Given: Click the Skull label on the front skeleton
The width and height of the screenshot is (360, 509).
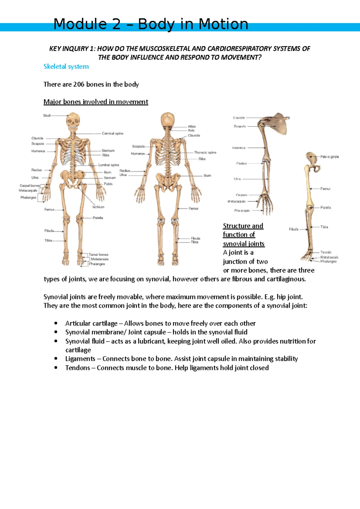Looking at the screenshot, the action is click(47, 115).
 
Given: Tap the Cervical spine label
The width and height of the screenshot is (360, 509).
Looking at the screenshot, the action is click(112, 133).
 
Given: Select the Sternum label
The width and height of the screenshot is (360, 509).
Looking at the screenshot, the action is click(108, 151).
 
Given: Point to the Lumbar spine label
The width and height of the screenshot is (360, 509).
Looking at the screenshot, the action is click(109, 165).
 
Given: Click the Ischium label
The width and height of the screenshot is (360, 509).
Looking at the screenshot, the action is click(98, 207).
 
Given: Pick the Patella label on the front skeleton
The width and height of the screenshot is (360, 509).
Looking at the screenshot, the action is click(98, 218).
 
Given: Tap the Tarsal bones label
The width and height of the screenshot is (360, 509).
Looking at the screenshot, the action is click(98, 255).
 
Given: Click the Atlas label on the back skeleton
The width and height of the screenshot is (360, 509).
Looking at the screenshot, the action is click(192, 127).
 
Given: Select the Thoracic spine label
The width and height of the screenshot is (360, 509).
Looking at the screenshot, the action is click(205, 152).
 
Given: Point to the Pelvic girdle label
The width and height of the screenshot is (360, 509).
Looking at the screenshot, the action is click(329, 157).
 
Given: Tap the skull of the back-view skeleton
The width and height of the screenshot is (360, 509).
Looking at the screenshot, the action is click(167, 120).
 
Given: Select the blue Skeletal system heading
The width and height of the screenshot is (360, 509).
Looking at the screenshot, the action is click(66, 67).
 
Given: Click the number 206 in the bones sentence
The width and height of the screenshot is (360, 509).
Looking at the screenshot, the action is click(79, 84).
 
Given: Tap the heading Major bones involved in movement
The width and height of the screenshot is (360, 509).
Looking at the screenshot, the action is click(96, 102).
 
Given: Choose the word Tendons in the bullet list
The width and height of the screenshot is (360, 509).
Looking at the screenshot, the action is click(77, 368).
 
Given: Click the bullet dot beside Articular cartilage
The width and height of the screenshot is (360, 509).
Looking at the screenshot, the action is click(56, 323).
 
